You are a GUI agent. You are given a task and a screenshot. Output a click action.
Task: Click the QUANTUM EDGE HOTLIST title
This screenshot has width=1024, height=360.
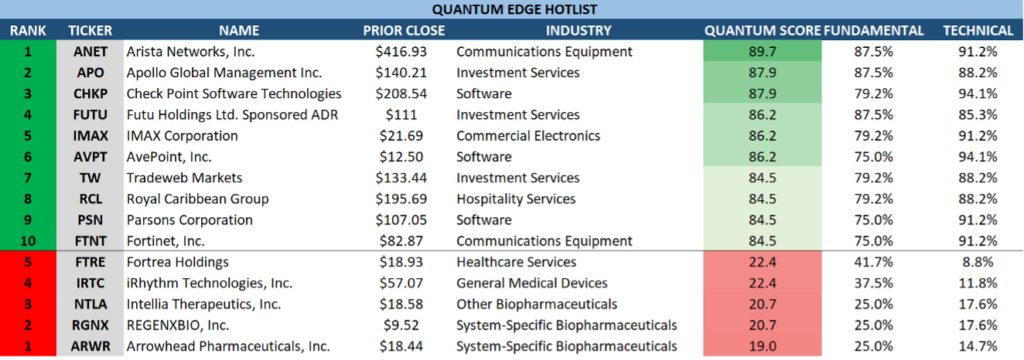(511, 9)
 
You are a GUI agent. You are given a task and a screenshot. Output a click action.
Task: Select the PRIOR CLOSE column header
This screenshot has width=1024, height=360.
(404, 30)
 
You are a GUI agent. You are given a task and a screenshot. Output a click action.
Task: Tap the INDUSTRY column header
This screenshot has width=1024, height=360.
(578, 30)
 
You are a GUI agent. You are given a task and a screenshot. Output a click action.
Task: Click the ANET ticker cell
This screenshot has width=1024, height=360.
(90, 51)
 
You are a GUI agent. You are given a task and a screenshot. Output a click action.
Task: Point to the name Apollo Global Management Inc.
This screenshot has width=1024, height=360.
(224, 73)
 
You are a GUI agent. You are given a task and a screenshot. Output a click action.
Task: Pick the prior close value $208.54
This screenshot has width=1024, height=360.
(401, 93)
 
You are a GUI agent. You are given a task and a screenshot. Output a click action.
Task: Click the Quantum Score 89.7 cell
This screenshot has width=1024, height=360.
(762, 51)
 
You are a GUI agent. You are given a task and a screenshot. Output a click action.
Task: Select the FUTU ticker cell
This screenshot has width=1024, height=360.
(90, 114)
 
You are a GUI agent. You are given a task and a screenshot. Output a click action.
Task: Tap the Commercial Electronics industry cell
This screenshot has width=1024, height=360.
(528, 136)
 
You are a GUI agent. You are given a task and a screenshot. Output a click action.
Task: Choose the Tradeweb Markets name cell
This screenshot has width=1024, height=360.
(184, 178)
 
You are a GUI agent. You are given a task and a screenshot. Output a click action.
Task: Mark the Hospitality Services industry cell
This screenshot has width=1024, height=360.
(516, 199)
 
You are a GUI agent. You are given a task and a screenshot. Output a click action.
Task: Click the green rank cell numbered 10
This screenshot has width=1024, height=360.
(28, 241)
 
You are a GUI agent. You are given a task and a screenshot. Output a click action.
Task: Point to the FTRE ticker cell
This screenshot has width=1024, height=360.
(90, 262)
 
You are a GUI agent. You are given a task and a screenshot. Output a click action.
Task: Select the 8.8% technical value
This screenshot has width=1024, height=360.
(977, 262)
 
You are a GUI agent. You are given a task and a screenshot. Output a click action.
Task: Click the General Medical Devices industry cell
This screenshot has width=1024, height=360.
(532, 283)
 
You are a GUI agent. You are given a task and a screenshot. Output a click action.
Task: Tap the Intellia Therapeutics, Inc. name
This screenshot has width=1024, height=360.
(204, 304)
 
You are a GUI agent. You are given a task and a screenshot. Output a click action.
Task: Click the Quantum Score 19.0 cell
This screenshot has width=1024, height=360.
(762, 346)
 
